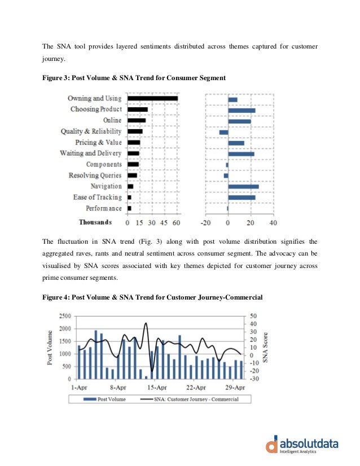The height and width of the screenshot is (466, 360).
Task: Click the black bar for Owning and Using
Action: pyautogui.click(x=152, y=99)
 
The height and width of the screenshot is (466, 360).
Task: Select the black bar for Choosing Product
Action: pyautogui.click(x=138, y=109)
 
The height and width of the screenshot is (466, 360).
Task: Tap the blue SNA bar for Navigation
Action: pyautogui.click(x=243, y=186)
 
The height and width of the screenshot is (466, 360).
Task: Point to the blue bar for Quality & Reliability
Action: pyautogui.click(x=223, y=131)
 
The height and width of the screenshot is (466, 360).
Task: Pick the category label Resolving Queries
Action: pyautogui.click(x=95, y=175)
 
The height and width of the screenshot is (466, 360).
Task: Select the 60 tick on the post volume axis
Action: pyautogui.click(x=177, y=222)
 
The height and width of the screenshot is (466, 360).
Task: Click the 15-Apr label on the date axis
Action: pyautogui.click(x=157, y=388)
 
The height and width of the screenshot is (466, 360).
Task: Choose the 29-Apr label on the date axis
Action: pyautogui.click(x=235, y=388)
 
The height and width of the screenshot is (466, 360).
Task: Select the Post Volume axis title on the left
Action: pyautogui.click(x=51, y=347)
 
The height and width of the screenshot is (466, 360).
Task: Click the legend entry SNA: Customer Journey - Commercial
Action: pyautogui.click(x=189, y=399)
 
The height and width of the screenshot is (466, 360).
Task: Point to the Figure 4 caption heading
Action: pyautogui.click(x=152, y=297)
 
